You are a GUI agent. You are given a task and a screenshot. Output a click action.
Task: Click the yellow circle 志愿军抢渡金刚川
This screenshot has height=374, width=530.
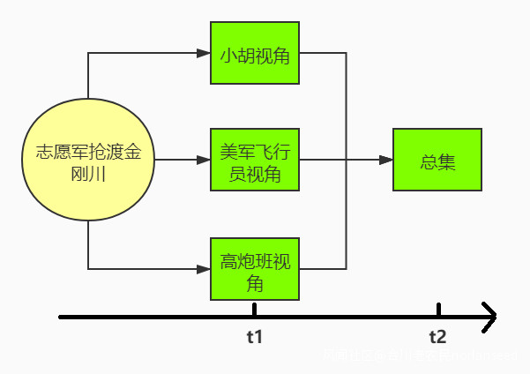click(x=88, y=161)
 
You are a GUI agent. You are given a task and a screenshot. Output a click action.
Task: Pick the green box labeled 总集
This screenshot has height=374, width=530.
click(x=437, y=160)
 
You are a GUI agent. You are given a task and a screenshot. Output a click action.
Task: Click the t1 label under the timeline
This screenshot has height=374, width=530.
click(x=255, y=337)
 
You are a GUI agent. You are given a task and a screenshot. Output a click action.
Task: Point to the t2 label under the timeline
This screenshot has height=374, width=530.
click(x=437, y=337)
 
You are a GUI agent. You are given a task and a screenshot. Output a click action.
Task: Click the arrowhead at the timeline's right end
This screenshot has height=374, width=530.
click(x=489, y=316)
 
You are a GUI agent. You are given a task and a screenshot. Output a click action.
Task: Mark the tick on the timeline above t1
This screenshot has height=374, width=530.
click(x=254, y=310)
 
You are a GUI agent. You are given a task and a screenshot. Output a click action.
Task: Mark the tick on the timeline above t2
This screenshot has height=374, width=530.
click(x=438, y=310)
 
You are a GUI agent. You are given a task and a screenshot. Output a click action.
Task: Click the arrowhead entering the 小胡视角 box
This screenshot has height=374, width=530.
click(x=204, y=54)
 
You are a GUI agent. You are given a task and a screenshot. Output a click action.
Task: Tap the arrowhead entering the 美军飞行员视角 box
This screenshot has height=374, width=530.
click(x=204, y=160)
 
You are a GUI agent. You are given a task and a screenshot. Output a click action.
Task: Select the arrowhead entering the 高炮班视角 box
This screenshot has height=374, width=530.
click(x=204, y=268)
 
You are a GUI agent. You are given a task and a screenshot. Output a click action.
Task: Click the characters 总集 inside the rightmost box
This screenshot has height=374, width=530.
click(x=437, y=161)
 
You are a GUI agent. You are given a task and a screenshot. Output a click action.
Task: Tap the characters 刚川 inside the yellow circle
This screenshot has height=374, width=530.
click(x=88, y=173)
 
